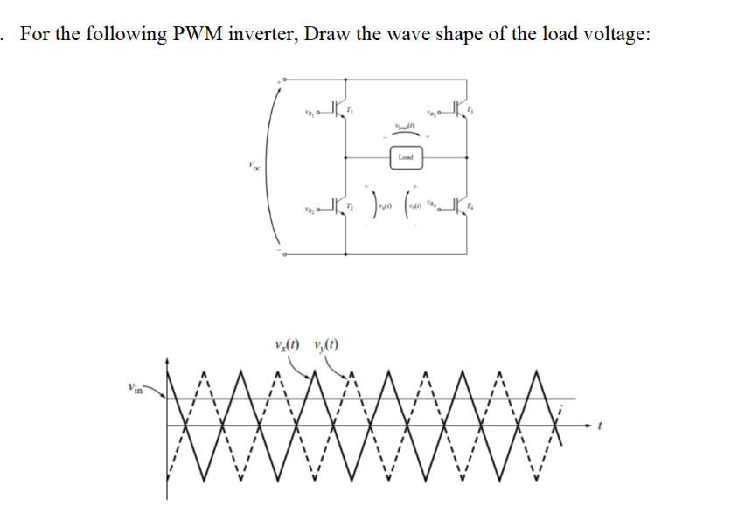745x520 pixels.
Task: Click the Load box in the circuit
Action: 405,158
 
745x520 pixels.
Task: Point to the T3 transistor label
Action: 472,109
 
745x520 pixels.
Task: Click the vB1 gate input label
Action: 308,113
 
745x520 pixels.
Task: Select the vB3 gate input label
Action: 431,113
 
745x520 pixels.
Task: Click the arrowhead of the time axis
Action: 579,425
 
